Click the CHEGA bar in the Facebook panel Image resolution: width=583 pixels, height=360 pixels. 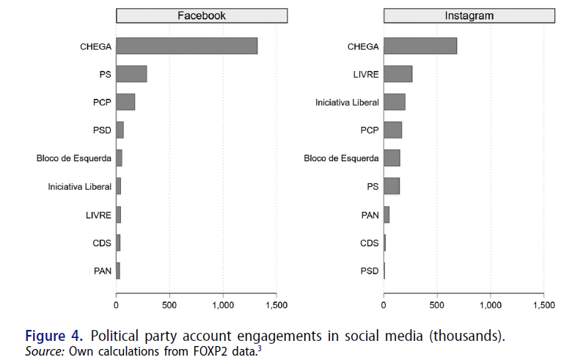click(x=186, y=45)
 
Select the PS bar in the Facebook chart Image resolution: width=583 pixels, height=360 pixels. click(x=131, y=73)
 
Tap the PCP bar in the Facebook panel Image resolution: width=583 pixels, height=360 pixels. click(x=125, y=102)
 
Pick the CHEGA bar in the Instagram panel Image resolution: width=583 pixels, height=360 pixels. click(x=420, y=45)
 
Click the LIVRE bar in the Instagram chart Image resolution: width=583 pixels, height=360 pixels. click(x=397, y=73)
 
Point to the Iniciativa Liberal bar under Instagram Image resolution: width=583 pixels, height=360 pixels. click(x=394, y=102)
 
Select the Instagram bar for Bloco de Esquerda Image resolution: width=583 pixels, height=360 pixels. click(x=392, y=158)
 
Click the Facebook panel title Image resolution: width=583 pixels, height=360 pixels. click(x=202, y=15)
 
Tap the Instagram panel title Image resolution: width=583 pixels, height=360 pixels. click(x=469, y=15)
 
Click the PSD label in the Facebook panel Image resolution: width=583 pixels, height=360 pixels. click(x=102, y=131)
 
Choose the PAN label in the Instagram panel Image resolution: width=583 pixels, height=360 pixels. click(x=370, y=215)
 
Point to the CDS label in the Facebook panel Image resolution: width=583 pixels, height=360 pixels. click(x=102, y=243)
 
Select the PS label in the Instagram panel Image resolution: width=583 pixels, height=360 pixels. click(x=373, y=187)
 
